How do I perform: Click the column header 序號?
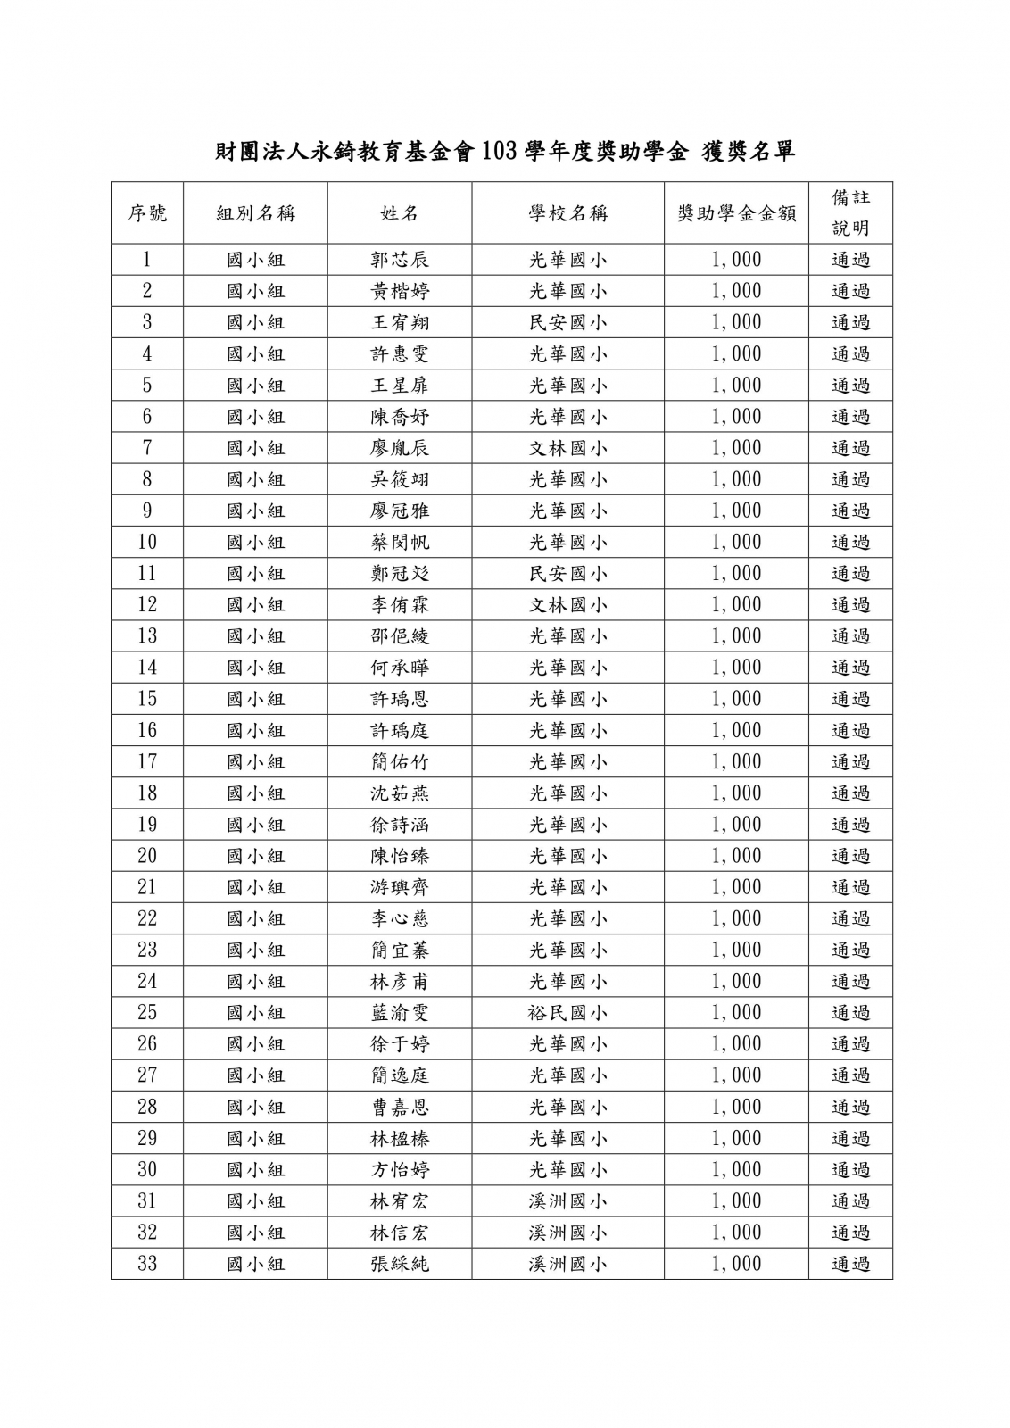click(147, 213)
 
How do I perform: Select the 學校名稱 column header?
click(567, 213)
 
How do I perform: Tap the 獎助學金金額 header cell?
click(736, 213)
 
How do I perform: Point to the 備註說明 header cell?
click(850, 212)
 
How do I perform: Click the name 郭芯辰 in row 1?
click(400, 260)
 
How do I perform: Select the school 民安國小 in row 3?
click(567, 322)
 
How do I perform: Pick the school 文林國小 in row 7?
click(567, 448)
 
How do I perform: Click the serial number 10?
click(147, 542)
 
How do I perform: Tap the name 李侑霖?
click(400, 605)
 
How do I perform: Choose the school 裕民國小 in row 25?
click(567, 1013)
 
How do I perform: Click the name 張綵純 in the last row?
click(400, 1264)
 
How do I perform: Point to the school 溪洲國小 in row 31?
click(567, 1201)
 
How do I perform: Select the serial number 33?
click(147, 1264)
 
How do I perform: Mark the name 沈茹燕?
click(400, 793)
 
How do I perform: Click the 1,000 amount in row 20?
click(736, 856)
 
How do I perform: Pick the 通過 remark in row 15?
click(850, 699)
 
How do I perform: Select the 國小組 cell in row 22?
click(255, 918)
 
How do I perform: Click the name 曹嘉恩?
click(400, 1107)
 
